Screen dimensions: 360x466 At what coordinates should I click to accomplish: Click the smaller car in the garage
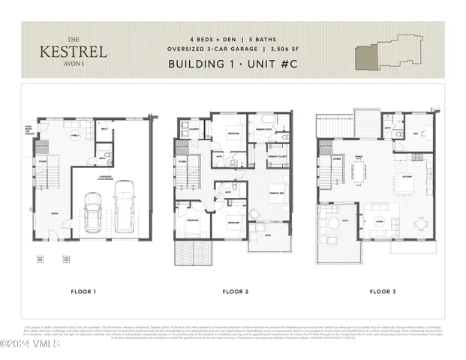[x=94, y=212]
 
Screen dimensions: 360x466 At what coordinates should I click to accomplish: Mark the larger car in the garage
[x=125, y=208]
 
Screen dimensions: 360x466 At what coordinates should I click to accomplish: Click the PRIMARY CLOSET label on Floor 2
[x=278, y=157]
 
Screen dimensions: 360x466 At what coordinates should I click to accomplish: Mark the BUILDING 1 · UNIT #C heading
[x=233, y=64]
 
